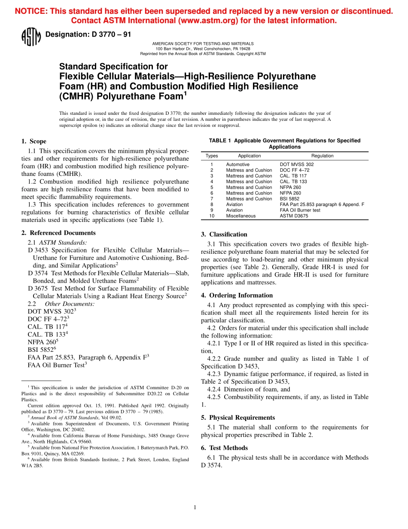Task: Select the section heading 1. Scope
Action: tap(34, 141)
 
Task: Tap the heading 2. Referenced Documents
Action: tap(58, 233)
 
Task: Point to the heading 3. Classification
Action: tap(224, 234)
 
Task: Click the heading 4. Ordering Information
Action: tap(237, 295)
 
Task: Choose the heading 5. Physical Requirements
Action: tap(238, 417)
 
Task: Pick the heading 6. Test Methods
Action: tap(224, 448)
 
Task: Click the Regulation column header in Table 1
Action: tap(322, 156)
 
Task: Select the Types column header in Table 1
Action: tap(212, 156)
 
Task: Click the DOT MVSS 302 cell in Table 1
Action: tap(297, 164)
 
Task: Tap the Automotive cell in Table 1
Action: tap(237, 164)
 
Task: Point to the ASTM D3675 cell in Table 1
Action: tap(294, 216)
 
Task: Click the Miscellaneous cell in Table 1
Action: tap(241, 216)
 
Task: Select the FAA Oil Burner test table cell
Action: tap(300, 210)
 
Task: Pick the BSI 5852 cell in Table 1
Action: tap(290, 199)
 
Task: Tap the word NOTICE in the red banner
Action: tap(31, 12)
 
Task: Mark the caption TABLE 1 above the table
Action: tap(220, 141)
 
